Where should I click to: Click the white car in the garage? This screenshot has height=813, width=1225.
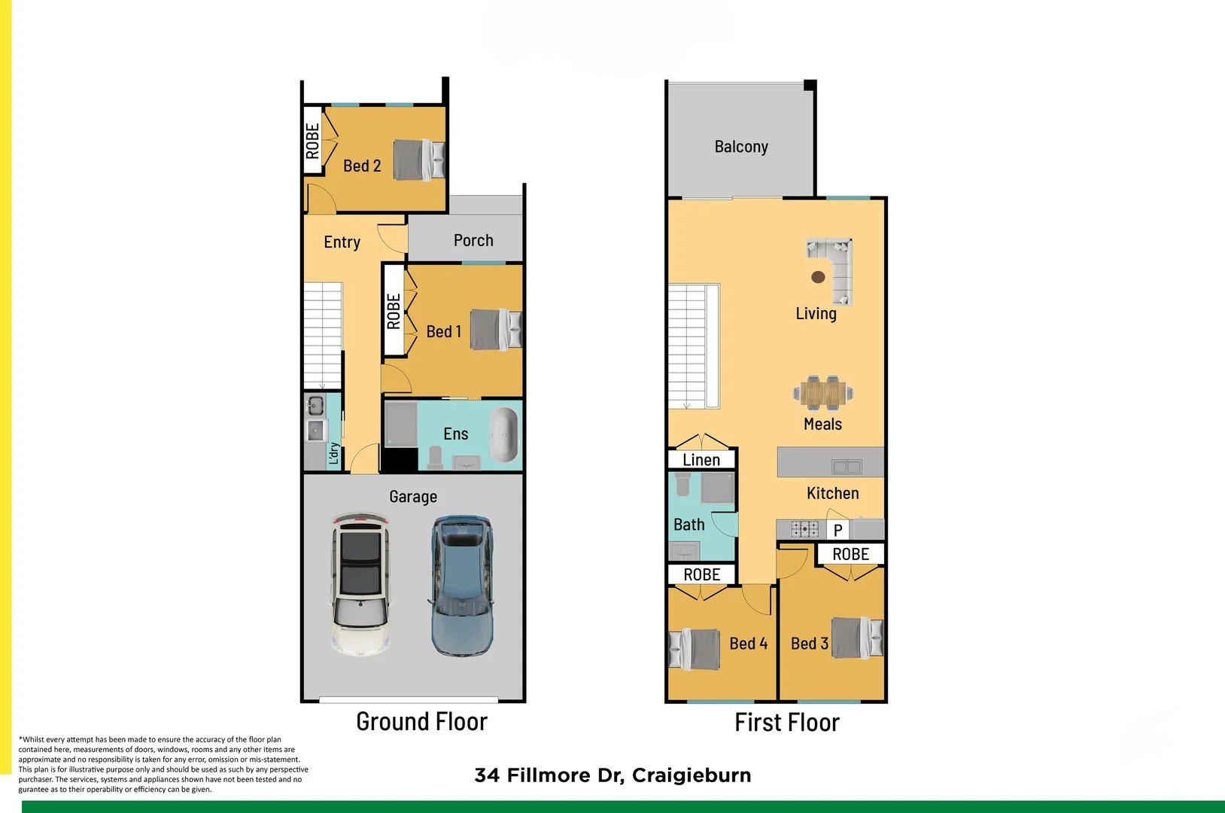pyautogui.click(x=360, y=583)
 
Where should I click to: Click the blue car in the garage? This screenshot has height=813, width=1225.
pyautogui.click(x=462, y=586)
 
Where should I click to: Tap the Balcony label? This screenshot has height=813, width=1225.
pyautogui.click(x=741, y=147)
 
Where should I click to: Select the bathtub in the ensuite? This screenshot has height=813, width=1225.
pyautogui.click(x=503, y=435)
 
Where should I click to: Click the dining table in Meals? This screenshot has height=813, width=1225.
pyautogui.click(x=823, y=393)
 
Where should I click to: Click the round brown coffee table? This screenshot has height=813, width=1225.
pyautogui.click(x=818, y=277)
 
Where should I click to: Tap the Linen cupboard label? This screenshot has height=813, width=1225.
pyautogui.click(x=701, y=460)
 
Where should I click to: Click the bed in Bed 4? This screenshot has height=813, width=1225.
pyautogui.click(x=695, y=650)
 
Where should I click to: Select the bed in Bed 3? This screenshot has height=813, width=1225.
pyautogui.click(x=857, y=638)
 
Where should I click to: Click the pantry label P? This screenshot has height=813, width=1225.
pyautogui.click(x=837, y=530)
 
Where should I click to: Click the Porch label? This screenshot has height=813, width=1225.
pyautogui.click(x=473, y=241)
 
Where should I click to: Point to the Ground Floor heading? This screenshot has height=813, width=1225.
pyautogui.click(x=421, y=722)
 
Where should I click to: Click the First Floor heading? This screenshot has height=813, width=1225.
pyautogui.click(x=787, y=722)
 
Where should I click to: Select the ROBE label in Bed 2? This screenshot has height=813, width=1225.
pyautogui.click(x=312, y=142)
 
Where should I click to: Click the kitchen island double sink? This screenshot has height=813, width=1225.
pyautogui.click(x=847, y=467)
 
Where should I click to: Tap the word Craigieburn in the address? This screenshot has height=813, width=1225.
pyautogui.click(x=692, y=775)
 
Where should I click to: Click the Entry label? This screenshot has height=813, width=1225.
pyautogui.click(x=342, y=242)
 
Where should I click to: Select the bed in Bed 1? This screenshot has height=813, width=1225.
pyautogui.click(x=496, y=330)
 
